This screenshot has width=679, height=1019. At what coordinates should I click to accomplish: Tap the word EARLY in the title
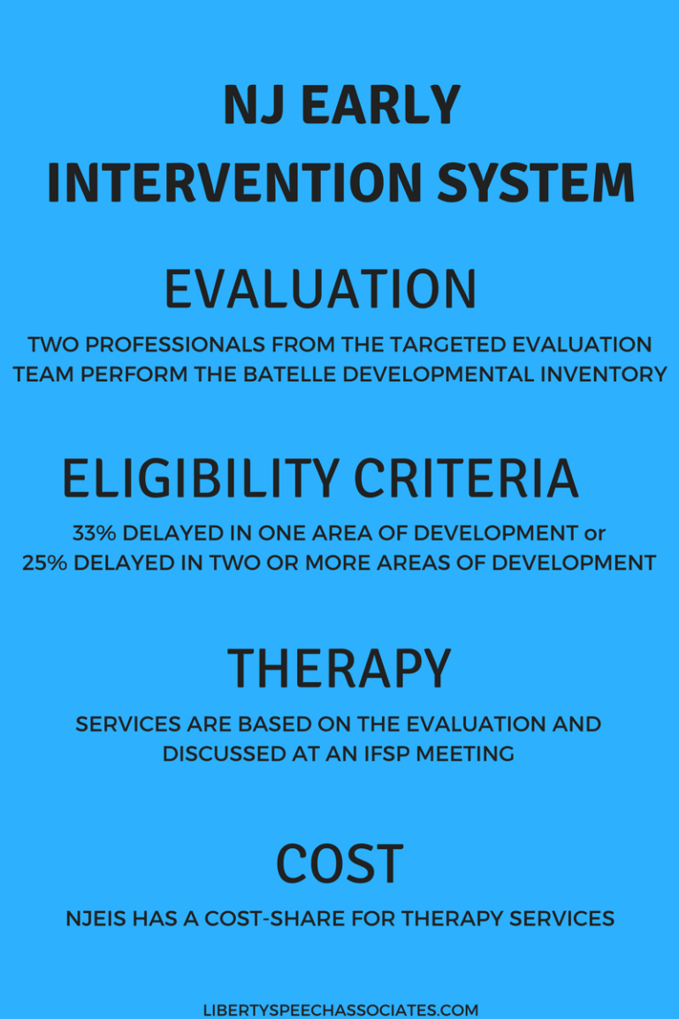coord(381,104)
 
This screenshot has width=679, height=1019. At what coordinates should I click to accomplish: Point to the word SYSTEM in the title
coord(536,182)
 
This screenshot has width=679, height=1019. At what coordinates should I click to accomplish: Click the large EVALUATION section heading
coord(321,289)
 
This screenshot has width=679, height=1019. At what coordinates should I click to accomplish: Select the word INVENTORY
coord(604,374)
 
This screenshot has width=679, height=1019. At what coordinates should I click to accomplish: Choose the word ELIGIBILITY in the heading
coord(201,479)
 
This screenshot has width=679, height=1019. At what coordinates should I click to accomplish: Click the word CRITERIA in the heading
coord(466,479)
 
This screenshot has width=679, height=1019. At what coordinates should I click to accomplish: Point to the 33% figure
coord(95,533)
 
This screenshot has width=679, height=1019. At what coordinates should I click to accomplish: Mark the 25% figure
coord(45,563)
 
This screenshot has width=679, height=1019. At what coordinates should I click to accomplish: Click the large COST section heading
coord(339,863)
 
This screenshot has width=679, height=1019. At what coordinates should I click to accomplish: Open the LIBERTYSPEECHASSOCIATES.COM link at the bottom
coord(340,1010)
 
